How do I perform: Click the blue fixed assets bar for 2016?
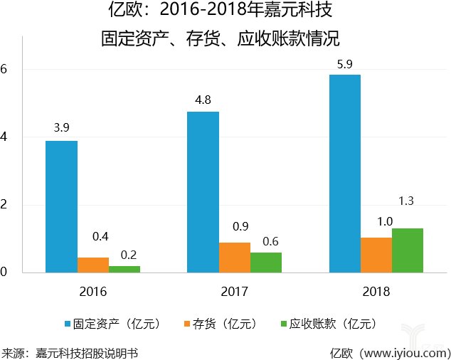click(x=61, y=206)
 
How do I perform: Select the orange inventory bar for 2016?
click(x=92, y=265)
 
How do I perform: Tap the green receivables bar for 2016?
click(x=124, y=269)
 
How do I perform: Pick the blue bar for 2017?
click(x=203, y=191)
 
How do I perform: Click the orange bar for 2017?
click(x=234, y=257)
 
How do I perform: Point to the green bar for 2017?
click(x=265, y=262)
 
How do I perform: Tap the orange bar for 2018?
click(x=376, y=255)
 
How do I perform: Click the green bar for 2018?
click(x=407, y=250)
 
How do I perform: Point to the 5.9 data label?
click(x=345, y=63)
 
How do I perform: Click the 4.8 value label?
click(x=203, y=100)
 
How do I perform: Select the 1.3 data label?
click(x=407, y=201)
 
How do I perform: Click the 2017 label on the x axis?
click(x=234, y=291)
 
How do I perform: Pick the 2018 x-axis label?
click(x=376, y=291)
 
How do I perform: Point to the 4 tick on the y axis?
click(x=4, y=137)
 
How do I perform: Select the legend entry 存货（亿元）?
click(x=224, y=324)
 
